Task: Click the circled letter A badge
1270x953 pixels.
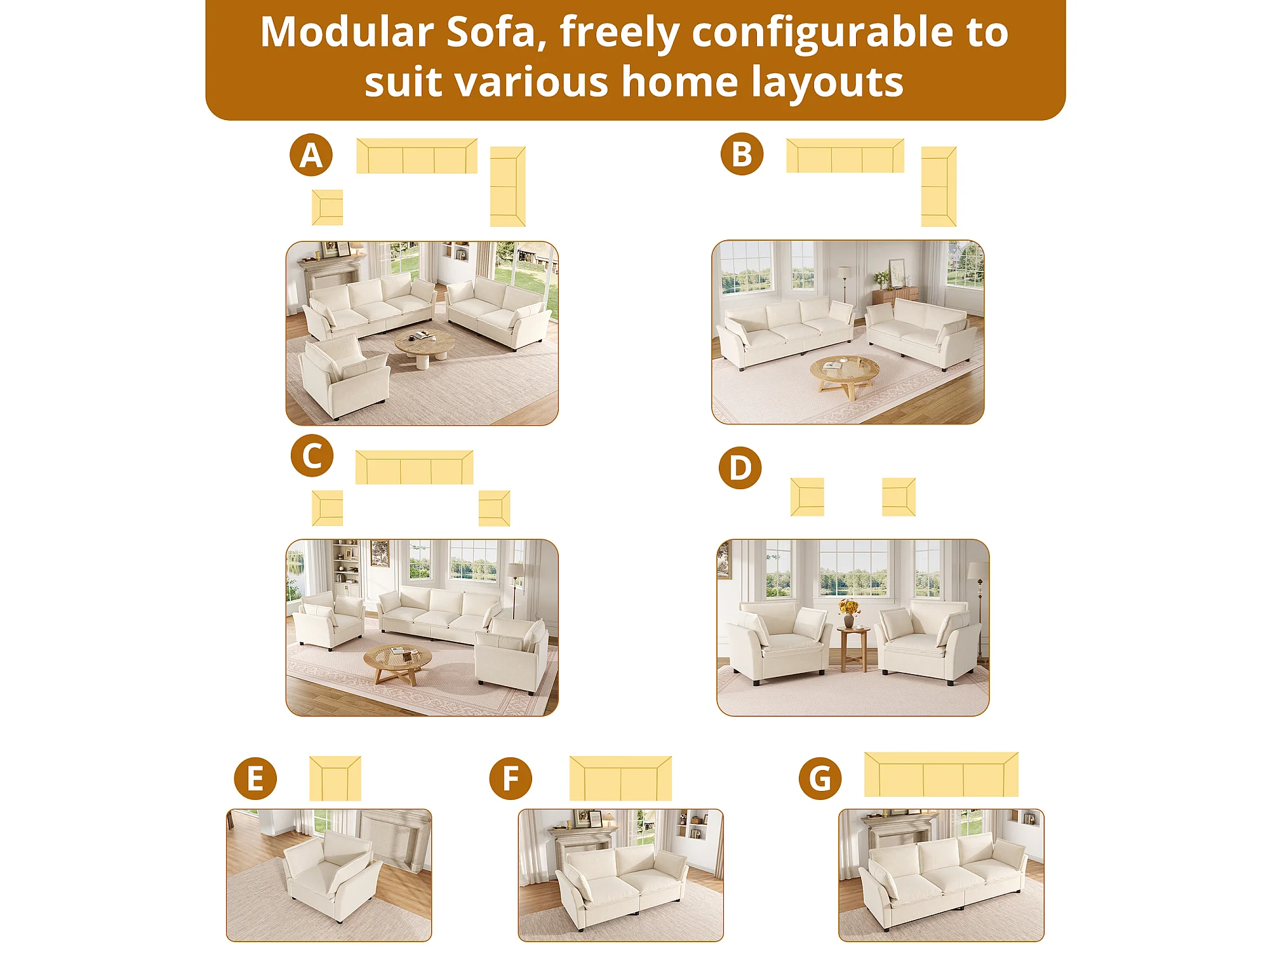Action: coord(311,155)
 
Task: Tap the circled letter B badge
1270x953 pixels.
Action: coord(742,154)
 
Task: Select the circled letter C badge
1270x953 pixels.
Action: coord(312,456)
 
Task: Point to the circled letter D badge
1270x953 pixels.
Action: coord(740,468)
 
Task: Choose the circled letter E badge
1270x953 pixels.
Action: coord(255,778)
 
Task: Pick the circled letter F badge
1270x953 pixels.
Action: coord(511,778)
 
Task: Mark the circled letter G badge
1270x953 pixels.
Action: coord(820,778)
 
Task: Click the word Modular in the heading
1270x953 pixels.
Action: coord(347,32)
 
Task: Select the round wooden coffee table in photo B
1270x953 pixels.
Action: coord(845,376)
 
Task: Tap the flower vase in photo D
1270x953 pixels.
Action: coord(848,612)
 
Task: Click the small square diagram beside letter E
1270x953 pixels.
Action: coord(335,778)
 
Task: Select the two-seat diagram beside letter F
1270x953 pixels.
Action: coord(620,778)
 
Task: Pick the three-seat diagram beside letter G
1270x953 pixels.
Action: coord(941,774)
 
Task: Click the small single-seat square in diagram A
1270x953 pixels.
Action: coord(328,207)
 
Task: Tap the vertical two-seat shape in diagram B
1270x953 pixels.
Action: coord(939,187)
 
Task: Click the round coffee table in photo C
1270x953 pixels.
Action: coord(398,664)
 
